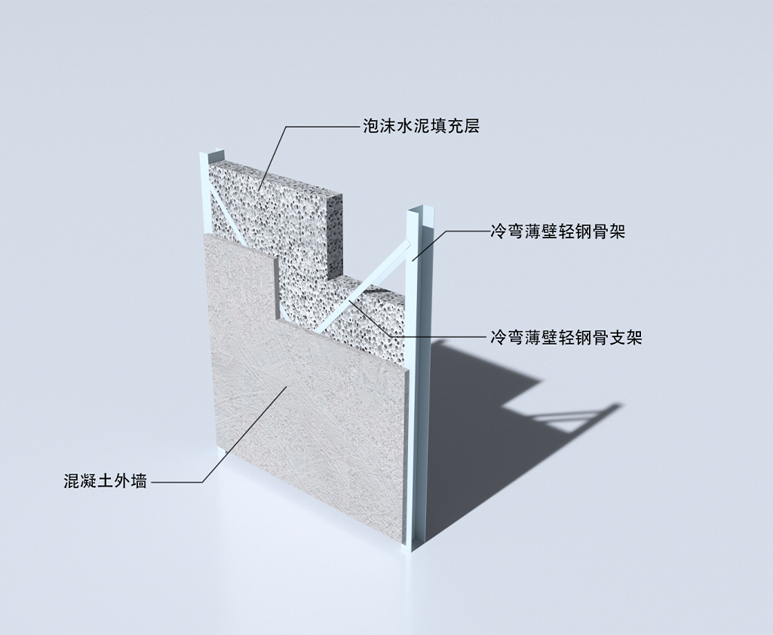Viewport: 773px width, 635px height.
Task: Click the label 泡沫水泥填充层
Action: [421, 126]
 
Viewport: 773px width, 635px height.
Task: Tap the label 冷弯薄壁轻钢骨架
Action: [557, 231]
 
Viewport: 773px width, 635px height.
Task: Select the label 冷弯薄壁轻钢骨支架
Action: [566, 337]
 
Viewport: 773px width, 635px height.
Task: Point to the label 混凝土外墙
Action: [106, 480]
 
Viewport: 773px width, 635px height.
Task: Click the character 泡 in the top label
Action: [371, 126]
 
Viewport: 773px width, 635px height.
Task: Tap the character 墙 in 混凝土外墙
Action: [139, 480]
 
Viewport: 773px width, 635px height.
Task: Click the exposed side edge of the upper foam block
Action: [336, 232]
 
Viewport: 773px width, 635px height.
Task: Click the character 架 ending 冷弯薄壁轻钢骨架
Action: [617, 231]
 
